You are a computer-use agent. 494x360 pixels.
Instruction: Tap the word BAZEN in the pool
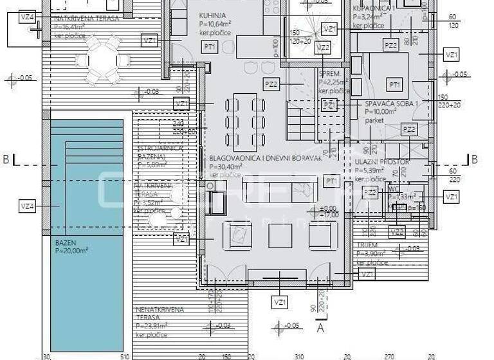(66, 242)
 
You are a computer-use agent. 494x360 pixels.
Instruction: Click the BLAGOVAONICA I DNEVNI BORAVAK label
(265, 157)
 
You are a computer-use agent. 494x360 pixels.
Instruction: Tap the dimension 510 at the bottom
(124, 356)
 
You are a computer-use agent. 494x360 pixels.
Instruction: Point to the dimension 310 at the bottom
(298, 356)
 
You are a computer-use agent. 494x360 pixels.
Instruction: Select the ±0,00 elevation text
(328, 209)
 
